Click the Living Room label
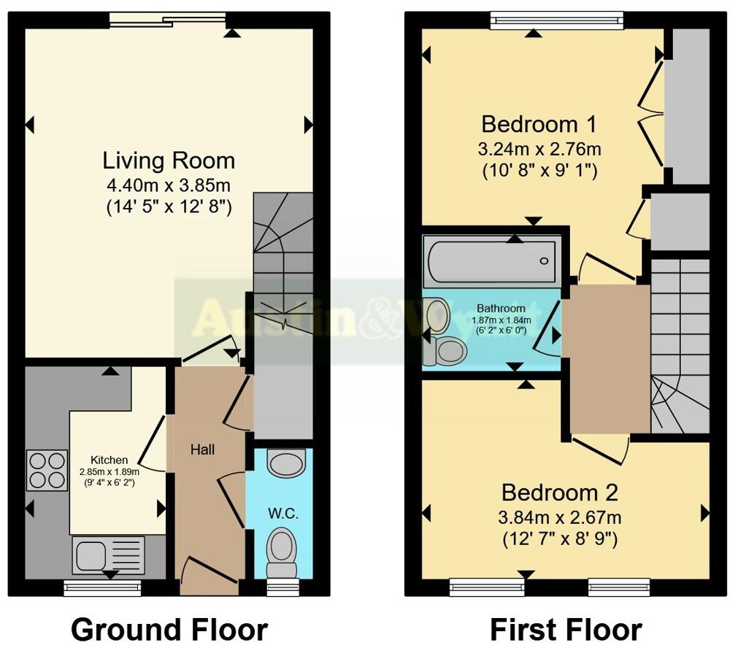click(x=169, y=161)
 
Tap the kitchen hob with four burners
click(x=47, y=471)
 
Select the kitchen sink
click(x=109, y=555)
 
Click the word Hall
click(x=202, y=450)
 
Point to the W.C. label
click(x=278, y=512)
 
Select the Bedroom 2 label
click(x=560, y=493)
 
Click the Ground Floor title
click(x=169, y=628)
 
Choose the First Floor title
click(x=566, y=628)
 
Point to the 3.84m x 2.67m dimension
click(x=560, y=519)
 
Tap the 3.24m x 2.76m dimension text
click(x=539, y=150)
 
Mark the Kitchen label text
click(x=109, y=460)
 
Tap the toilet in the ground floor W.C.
click(x=280, y=552)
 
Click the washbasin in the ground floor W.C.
click(x=281, y=461)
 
